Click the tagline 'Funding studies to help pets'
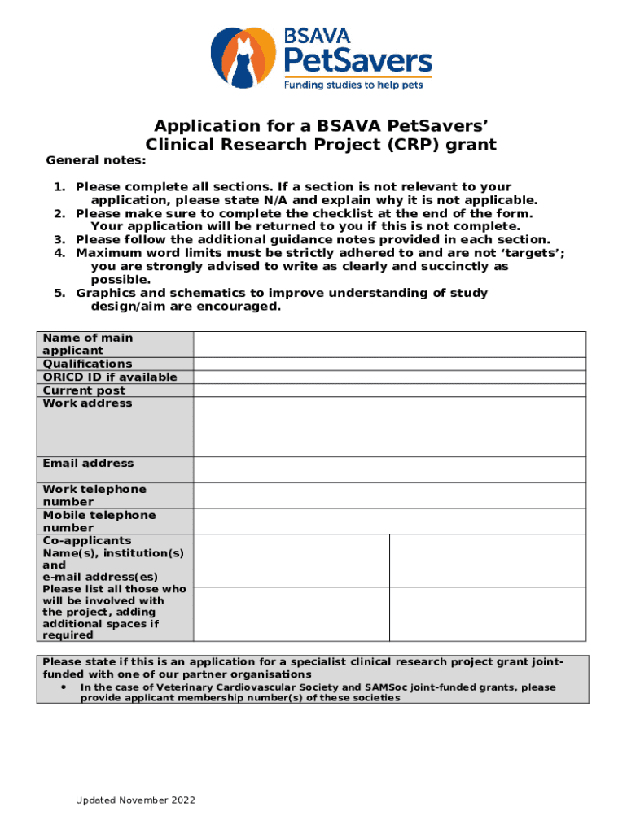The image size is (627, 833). (x=353, y=84)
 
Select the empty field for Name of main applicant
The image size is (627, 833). (x=389, y=344)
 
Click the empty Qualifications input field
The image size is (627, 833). (x=389, y=364)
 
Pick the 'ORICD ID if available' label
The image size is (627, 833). (x=109, y=377)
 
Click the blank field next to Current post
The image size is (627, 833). (x=389, y=390)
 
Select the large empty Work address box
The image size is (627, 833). (x=389, y=426)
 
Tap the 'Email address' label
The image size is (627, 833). (x=88, y=463)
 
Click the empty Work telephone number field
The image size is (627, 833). (x=389, y=495)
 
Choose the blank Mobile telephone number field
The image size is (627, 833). (x=389, y=521)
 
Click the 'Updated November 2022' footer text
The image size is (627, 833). (x=136, y=800)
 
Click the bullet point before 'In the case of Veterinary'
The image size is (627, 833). (x=63, y=687)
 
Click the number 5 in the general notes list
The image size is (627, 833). (x=59, y=293)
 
